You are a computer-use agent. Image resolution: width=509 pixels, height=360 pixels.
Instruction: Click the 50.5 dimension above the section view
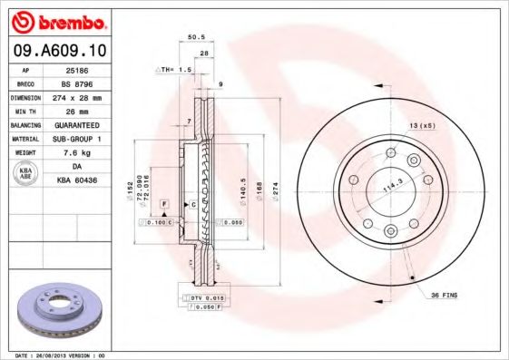click(192, 39)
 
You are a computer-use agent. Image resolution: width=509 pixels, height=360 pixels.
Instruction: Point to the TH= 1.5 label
click(175, 69)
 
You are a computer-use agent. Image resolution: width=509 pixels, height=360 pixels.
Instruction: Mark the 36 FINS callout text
click(445, 296)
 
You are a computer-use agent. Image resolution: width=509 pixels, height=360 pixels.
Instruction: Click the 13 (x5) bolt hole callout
click(425, 123)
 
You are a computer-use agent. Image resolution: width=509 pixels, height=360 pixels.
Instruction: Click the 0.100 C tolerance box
click(155, 221)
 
